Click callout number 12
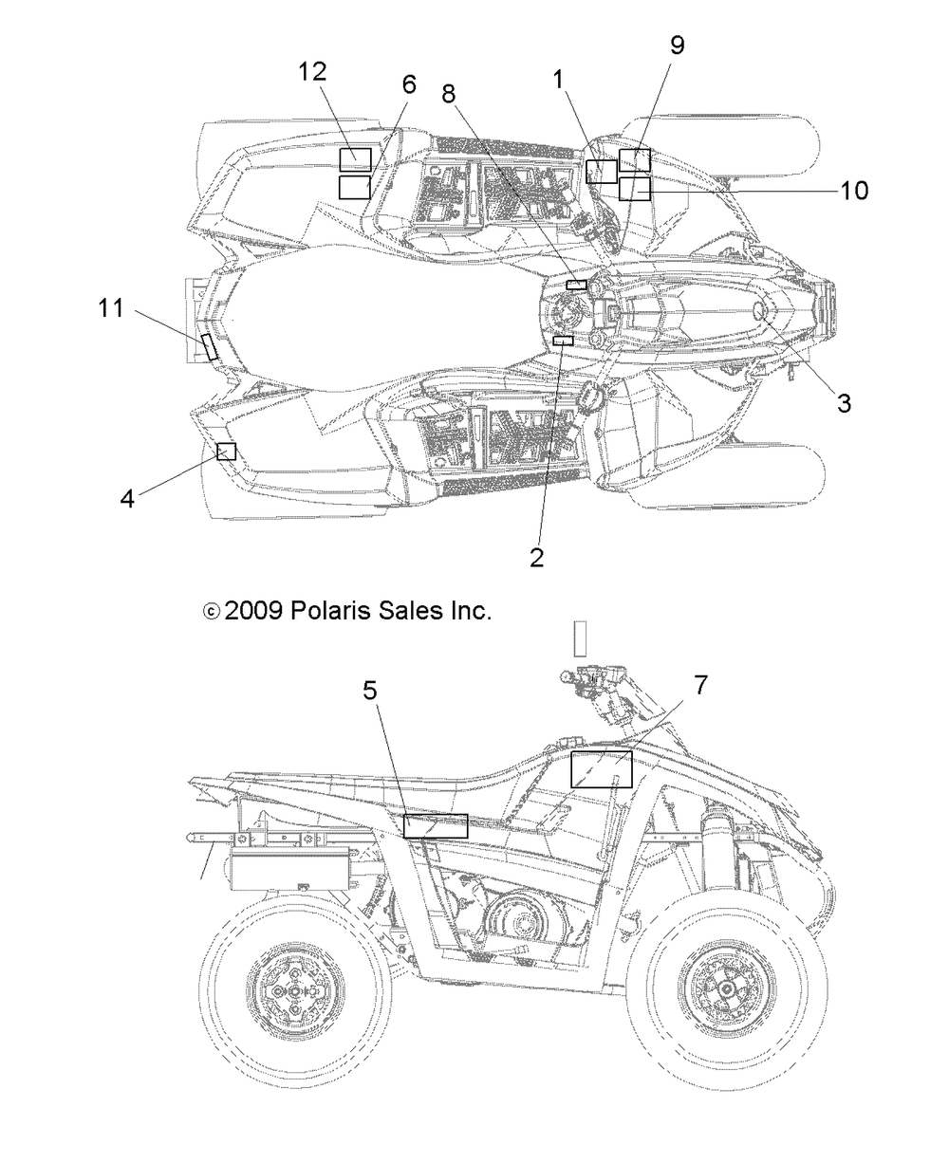click(312, 71)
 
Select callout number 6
click(408, 84)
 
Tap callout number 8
click(448, 93)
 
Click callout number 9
click(677, 46)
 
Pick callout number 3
click(843, 402)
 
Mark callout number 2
click(537, 558)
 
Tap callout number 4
click(127, 497)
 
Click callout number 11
click(111, 307)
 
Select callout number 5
click(371, 691)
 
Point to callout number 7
click(700, 685)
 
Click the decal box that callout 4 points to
click(226, 452)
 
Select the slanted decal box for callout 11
click(209, 347)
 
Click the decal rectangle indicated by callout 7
click(601, 768)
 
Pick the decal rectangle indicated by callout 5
click(436, 825)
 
